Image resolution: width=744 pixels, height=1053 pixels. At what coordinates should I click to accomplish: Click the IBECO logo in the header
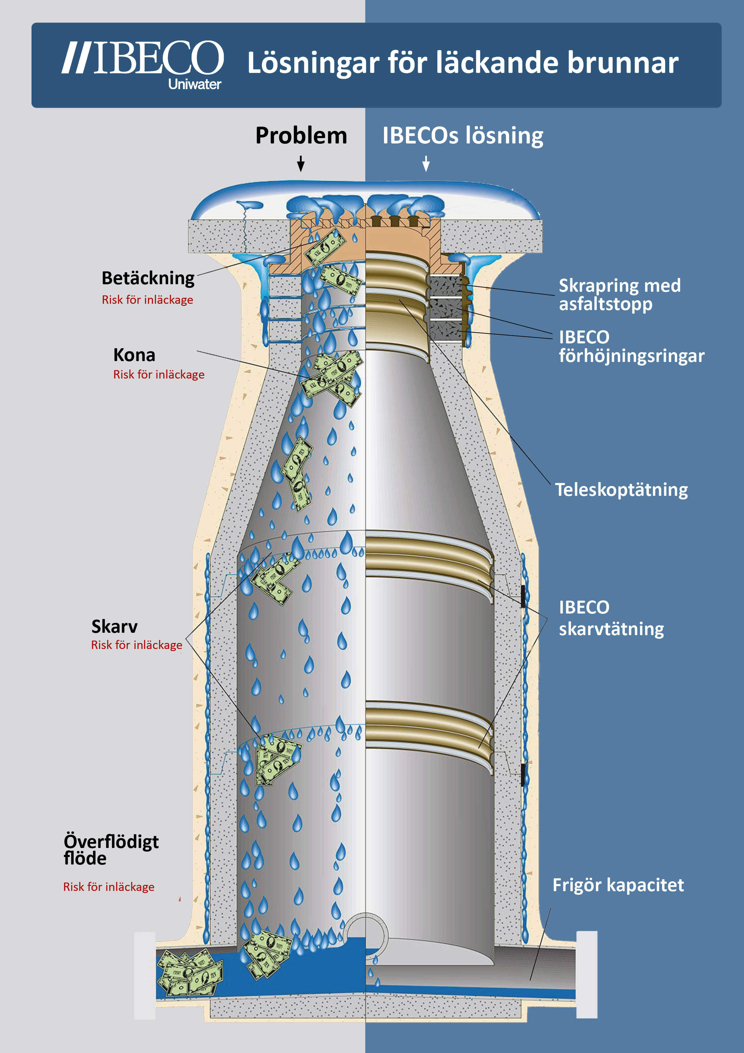[143, 58]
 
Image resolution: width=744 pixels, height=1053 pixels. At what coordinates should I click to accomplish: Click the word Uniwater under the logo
[194, 84]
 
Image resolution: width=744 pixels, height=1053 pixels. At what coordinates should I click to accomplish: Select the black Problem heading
[301, 136]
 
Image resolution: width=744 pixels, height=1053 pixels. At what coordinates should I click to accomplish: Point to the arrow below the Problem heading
[301, 163]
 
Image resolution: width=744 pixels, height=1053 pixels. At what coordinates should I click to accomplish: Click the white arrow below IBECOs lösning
[426, 163]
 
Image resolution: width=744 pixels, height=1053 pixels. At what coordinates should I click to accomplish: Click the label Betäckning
[148, 278]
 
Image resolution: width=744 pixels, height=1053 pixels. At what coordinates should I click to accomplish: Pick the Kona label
[134, 355]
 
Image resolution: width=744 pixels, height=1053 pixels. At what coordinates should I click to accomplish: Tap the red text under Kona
[159, 375]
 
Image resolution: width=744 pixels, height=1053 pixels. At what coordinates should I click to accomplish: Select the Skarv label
[114, 626]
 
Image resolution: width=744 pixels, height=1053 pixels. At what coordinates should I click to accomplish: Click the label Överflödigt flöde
[111, 850]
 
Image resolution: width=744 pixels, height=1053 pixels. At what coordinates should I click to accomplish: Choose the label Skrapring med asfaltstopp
[619, 294]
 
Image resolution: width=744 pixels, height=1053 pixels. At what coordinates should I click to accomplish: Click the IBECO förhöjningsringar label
[631, 346]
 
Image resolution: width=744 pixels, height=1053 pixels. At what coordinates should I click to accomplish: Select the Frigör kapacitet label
[618, 885]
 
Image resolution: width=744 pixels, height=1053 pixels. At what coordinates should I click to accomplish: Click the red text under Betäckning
[147, 300]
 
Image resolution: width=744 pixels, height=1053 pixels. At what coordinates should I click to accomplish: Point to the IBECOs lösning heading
[463, 136]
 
